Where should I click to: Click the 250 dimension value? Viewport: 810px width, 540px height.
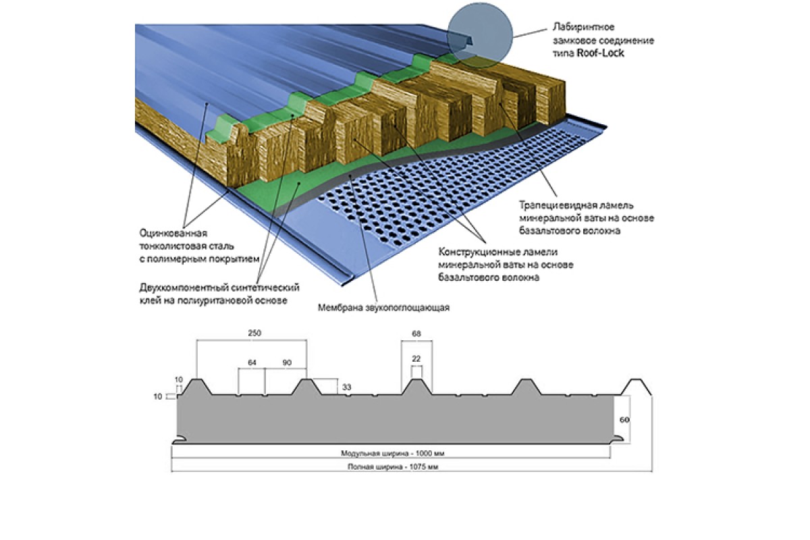tap(254, 333)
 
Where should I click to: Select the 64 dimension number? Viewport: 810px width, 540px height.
tap(252, 362)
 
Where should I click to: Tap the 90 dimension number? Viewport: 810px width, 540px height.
tap(286, 362)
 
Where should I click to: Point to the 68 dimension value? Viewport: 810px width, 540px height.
tap(416, 333)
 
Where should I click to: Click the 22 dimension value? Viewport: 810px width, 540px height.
tap(416, 358)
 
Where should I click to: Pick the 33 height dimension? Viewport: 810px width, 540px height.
tap(347, 387)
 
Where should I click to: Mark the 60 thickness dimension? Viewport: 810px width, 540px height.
tap(624, 419)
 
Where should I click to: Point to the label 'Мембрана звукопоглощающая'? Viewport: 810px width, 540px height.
tap(383, 308)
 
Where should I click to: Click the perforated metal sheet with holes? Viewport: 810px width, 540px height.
tap(432, 182)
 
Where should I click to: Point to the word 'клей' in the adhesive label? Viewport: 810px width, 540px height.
tap(150, 300)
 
